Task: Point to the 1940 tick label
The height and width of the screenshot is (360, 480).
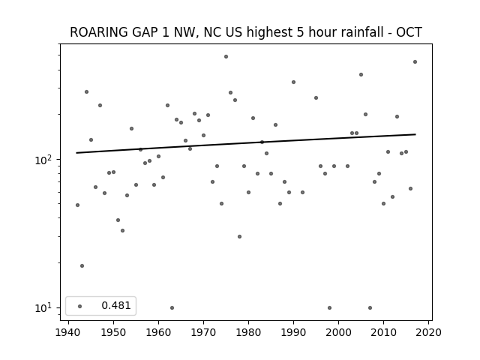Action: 68,332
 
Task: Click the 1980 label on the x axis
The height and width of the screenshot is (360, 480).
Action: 248,332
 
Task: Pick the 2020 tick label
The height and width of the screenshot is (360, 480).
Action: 428,332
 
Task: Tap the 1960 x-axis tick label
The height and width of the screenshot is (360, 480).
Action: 158,332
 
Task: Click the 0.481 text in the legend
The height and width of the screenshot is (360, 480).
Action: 116,305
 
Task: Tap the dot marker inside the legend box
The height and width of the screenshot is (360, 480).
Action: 80,306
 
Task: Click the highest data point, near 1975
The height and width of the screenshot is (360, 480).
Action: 226,57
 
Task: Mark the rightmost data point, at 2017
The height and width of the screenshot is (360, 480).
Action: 415,61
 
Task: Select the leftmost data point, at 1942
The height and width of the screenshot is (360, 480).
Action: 77,205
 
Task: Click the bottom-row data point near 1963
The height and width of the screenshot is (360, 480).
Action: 172,307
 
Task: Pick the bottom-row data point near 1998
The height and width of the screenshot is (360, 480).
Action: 329,307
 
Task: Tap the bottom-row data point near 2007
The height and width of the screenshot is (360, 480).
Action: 370,307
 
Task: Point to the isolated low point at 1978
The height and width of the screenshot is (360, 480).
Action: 239,237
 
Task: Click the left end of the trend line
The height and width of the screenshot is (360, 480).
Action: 76,153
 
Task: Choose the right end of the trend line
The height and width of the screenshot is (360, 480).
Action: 415,134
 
